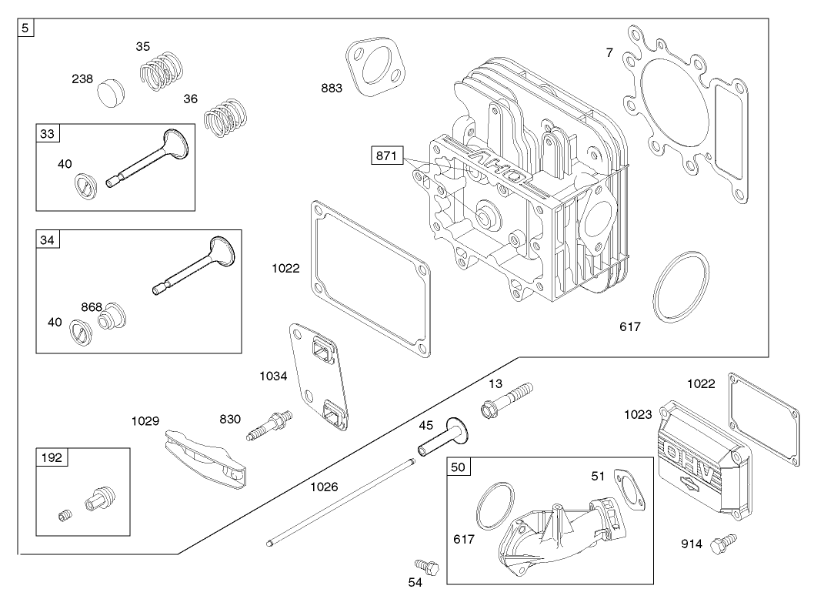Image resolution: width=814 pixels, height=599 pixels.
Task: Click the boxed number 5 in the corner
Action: (26, 28)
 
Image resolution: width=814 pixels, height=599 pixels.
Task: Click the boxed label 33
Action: (48, 134)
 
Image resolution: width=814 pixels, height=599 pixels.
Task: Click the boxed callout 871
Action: (387, 156)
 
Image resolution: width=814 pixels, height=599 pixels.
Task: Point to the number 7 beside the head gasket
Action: (609, 53)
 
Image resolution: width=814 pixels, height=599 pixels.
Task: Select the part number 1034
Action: (273, 376)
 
